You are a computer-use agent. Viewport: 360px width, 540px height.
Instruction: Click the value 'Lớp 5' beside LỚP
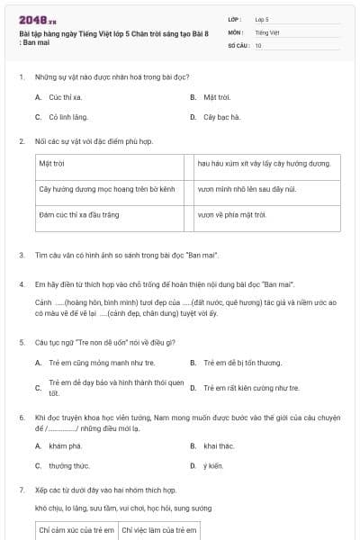[262, 19]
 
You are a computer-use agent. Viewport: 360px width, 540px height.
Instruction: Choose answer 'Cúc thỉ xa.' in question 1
[66, 96]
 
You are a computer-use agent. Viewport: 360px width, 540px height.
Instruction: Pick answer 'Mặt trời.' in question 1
[217, 96]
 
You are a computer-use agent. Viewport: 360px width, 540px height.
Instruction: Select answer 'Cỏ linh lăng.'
[68, 116]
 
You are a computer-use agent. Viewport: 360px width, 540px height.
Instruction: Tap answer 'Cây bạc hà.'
[221, 116]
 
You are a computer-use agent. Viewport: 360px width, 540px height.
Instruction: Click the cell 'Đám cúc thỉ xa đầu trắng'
[79, 215]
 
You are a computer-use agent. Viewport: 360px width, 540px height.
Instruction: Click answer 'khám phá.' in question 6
[65, 445]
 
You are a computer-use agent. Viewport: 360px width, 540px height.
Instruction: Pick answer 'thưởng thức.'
[68, 465]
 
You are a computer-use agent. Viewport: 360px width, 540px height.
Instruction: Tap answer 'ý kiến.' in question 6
[212, 465]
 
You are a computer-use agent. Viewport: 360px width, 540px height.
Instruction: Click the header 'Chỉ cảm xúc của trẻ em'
[76, 530]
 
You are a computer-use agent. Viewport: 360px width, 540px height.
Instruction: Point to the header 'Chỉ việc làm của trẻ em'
[158, 530]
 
